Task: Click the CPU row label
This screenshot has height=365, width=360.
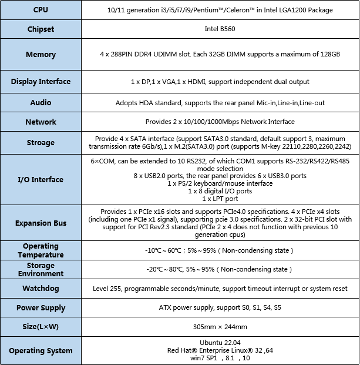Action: pos(41,10)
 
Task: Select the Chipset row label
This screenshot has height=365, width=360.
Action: pos(41,29)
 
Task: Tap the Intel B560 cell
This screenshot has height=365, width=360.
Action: pos(220,29)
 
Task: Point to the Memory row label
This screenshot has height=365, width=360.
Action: pos(41,55)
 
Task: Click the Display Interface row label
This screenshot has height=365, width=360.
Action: pos(41,82)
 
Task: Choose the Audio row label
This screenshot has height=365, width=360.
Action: pos(41,102)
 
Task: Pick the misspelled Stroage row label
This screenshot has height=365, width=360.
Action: pos(41,142)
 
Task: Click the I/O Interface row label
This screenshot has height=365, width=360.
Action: pos(41,179)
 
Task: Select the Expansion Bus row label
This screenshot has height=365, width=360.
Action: pos(41,223)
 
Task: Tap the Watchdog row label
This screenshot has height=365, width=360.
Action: pos(41,289)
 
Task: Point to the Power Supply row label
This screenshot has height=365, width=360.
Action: pos(41,307)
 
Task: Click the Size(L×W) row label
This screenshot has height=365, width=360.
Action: pos(41,326)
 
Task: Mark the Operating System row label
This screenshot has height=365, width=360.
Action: pos(41,351)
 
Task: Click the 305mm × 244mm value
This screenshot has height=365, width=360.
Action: pos(220,326)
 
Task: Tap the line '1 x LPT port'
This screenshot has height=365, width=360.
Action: pos(220,199)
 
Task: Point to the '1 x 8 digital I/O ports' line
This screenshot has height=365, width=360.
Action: pos(220,192)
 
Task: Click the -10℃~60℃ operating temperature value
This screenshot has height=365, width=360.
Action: pos(218,250)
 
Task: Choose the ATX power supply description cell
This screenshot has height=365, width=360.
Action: pos(220,307)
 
